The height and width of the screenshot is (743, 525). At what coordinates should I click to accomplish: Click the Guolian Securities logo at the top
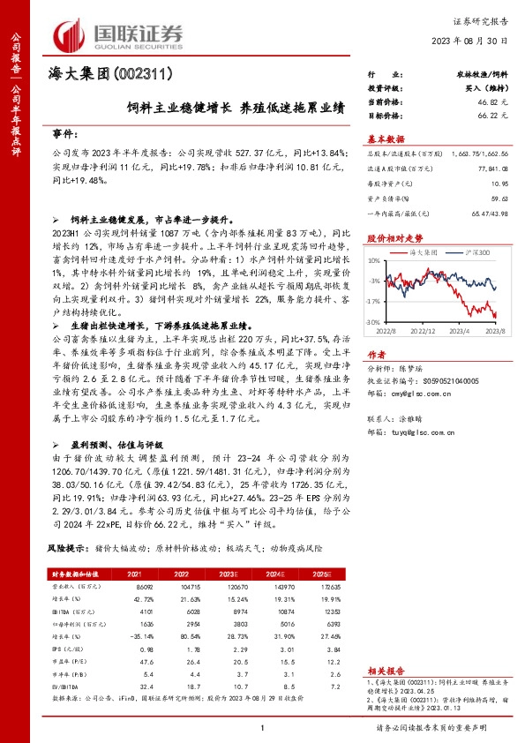click(119, 33)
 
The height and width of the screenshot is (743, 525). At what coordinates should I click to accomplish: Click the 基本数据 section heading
click(386, 138)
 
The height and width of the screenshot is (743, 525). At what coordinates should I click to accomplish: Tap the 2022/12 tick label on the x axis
click(424, 332)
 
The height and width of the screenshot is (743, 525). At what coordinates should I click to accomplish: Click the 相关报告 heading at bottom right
click(386, 672)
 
